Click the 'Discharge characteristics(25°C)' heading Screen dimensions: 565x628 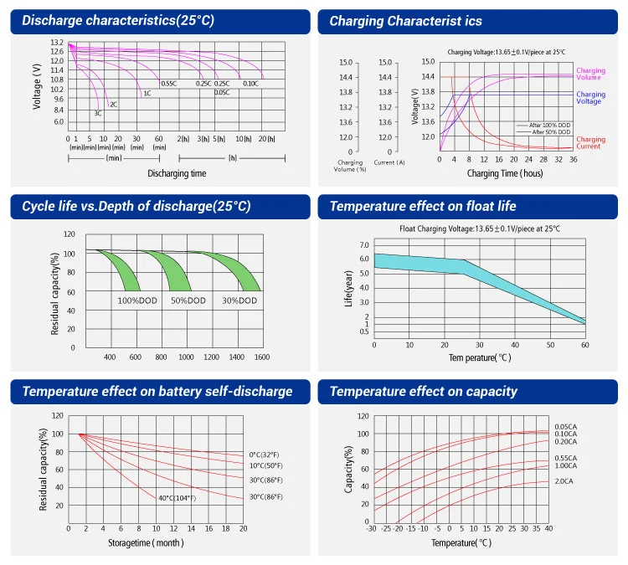coord(118,21)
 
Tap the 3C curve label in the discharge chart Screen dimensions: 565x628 coord(98,113)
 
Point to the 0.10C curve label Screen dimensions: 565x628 coord(250,84)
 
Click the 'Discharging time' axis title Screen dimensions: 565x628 coord(177,173)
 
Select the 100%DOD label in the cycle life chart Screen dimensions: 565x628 coord(137,300)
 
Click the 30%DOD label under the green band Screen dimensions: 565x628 coord(239,300)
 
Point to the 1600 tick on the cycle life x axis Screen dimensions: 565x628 coord(262,357)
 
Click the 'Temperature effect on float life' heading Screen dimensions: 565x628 coord(423,206)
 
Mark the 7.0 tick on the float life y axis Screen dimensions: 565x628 coord(364,245)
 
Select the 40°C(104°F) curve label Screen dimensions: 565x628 coord(177,498)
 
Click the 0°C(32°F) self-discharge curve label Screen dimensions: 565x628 coord(266,454)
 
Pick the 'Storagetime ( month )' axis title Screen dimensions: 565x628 coord(146,543)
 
